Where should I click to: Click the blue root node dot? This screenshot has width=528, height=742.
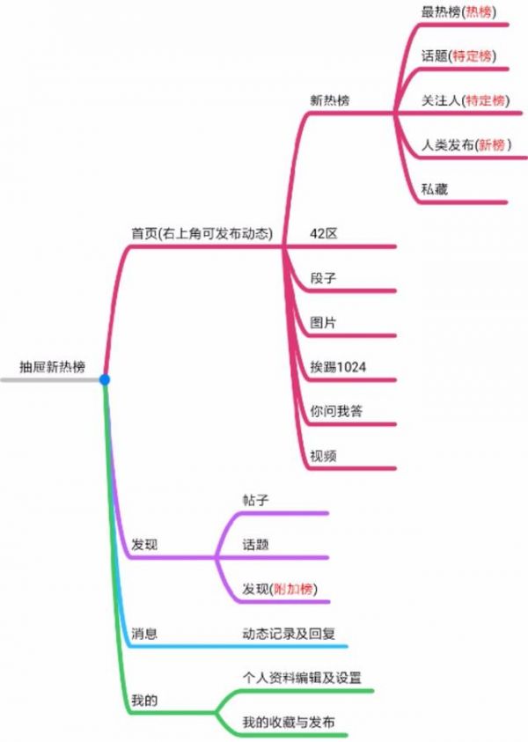tap(105, 379)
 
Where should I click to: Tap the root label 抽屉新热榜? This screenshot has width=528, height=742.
tap(52, 367)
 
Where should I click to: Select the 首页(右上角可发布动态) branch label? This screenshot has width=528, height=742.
tap(202, 233)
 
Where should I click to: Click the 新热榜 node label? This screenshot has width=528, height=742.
tap(330, 100)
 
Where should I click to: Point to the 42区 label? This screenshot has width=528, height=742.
tap(324, 233)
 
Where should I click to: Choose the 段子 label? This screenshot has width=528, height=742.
tap(323, 278)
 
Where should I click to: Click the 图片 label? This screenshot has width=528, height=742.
tap(323, 322)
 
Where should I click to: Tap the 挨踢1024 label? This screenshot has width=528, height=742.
tap(338, 367)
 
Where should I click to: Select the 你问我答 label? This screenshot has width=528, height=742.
tap(336, 411)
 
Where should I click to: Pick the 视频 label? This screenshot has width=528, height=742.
tap(323, 456)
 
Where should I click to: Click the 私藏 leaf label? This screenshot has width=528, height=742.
tap(435, 189)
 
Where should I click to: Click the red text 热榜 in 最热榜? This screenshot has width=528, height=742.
tap(479, 11)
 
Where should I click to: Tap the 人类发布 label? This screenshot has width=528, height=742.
tap(448, 145)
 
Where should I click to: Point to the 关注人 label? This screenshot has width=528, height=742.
tap(441, 100)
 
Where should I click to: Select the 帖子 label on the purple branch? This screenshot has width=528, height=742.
tap(255, 500)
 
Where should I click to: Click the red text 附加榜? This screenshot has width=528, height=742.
tap(293, 589)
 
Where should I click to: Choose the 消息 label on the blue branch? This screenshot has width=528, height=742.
tap(144, 633)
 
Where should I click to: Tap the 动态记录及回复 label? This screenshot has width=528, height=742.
tap(289, 633)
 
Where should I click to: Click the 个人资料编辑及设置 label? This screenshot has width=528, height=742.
tap(302, 678)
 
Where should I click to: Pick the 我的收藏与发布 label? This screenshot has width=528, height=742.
tap(289, 722)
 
